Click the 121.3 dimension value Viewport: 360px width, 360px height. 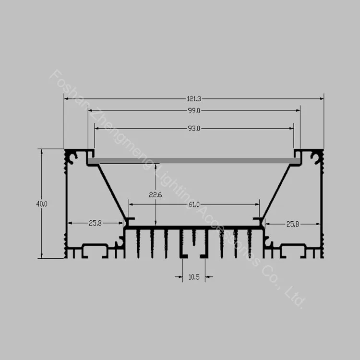pyautogui.click(x=194, y=99)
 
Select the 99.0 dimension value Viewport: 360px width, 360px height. pyautogui.click(x=194, y=111)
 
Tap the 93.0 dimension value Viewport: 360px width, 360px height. pyautogui.click(x=194, y=129)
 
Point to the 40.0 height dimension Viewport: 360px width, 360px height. pyautogui.click(x=42, y=204)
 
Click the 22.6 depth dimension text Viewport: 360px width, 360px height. pyautogui.click(x=156, y=195)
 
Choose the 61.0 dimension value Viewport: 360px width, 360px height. pyautogui.click(x=194, y=204)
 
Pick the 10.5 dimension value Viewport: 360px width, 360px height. pyautogui.click(x=194, y=277)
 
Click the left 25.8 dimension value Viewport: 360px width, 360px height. pyautogui.click(x=96, y=223)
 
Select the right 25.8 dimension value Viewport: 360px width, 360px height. pyautogui.click(x=293, y=224)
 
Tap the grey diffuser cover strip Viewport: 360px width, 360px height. pyautogui.click(x=194, y=161)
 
